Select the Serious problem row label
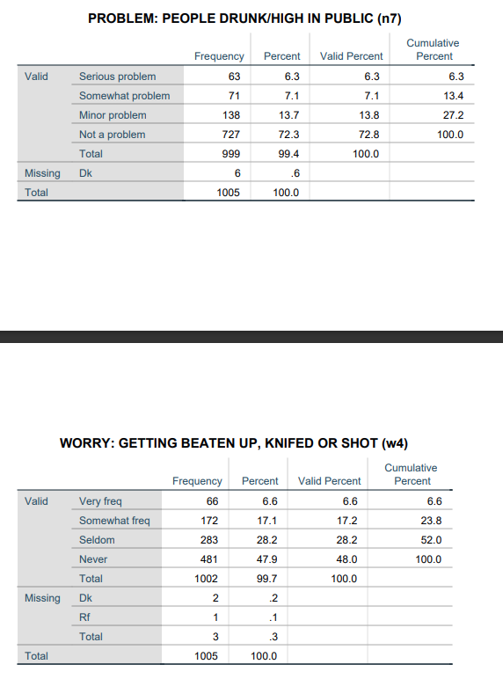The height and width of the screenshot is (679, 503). pos(117,77)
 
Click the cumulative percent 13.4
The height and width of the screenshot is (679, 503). pos(454,96)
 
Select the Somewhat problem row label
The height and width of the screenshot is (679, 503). pos(124,96)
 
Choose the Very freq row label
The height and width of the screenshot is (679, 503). pos(101,501)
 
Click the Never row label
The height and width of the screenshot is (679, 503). pos(93,559)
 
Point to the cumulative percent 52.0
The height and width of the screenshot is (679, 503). pos(432,540)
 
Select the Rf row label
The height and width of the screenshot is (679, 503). pos(84,617)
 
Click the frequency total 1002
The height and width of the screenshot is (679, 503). pos(208,579)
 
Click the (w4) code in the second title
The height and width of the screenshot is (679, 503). pos(393,443)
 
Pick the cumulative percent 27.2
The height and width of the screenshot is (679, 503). pos(454,115)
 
